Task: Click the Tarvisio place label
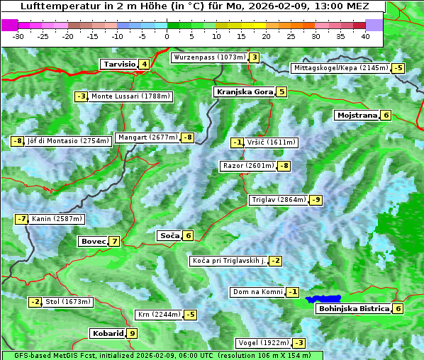pyautogui.click(x=118, y=64)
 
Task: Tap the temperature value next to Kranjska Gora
pyautogui.click(x=281, y=91)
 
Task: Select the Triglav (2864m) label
pyautogui.click(x=279, y=200)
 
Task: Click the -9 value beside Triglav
pyautogui.click(x=316, y=200)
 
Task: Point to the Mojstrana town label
pyautogui.click(x=357, y=115)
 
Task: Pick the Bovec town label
pyautogui.click(x=92, y=241)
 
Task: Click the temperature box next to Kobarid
pyautogui.click(x=132, y=333)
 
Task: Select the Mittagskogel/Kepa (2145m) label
pyautogui.click(x=341, y=68)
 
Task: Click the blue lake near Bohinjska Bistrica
pyautogui.click(x=323, y=299)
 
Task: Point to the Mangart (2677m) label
pyautogui.click(x=147, y=137)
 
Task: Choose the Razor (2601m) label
pyautogui.click(x=248, y=166)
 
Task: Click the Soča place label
pyautogui.click(x=169, y=235)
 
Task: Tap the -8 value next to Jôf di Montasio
pyautogui.click(x=18, y=140)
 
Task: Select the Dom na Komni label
pyautogui.click(x=257, y=292)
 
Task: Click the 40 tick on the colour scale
pyautogui.click(x=365, y=36)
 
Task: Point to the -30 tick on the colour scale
pyautogui.click(x=19, y=36)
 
